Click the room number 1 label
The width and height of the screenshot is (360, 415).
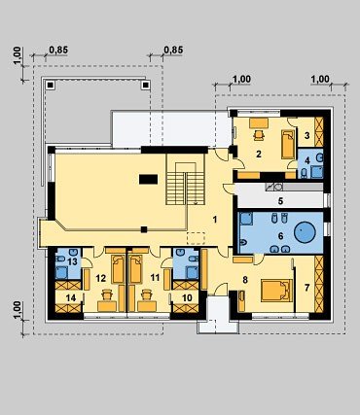pos(214,220)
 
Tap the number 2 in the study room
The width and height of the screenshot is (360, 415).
pos(258,154)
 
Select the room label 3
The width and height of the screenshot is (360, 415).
pos(306,135)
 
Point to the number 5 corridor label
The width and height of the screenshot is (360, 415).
pos(280,201)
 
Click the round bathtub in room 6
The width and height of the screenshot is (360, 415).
pos(305,231)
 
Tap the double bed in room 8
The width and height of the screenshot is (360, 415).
pos(276,291)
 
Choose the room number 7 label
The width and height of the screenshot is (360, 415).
pos(306,288)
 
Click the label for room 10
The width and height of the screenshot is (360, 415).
pos(187,297)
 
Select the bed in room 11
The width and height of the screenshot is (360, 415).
pos(135,268)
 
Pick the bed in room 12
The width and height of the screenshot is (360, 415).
pos(118,269)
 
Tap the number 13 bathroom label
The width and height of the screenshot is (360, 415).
pos(72,261)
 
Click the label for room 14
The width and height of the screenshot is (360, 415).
pos(70,297)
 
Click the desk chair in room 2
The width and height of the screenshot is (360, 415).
pos(259,135)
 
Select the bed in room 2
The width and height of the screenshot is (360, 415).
pos(288,144)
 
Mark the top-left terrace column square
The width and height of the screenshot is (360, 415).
pos(50,86)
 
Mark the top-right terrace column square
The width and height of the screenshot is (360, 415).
pos(145,86)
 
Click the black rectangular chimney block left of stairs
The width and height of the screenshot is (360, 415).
pos(149,179)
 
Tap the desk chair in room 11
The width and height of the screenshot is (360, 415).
pos(147,294)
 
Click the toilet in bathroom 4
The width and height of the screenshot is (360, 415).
pos(304,174)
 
